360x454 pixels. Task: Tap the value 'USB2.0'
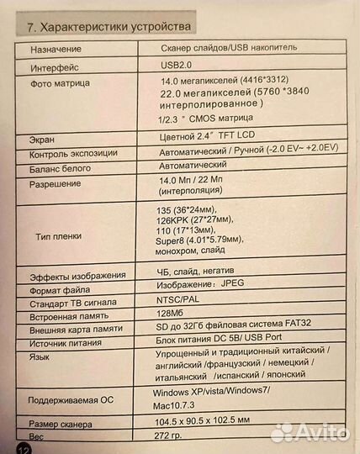point(174,65)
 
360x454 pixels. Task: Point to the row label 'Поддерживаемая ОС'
point(71,399)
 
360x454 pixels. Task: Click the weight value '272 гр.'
point(172,438)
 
